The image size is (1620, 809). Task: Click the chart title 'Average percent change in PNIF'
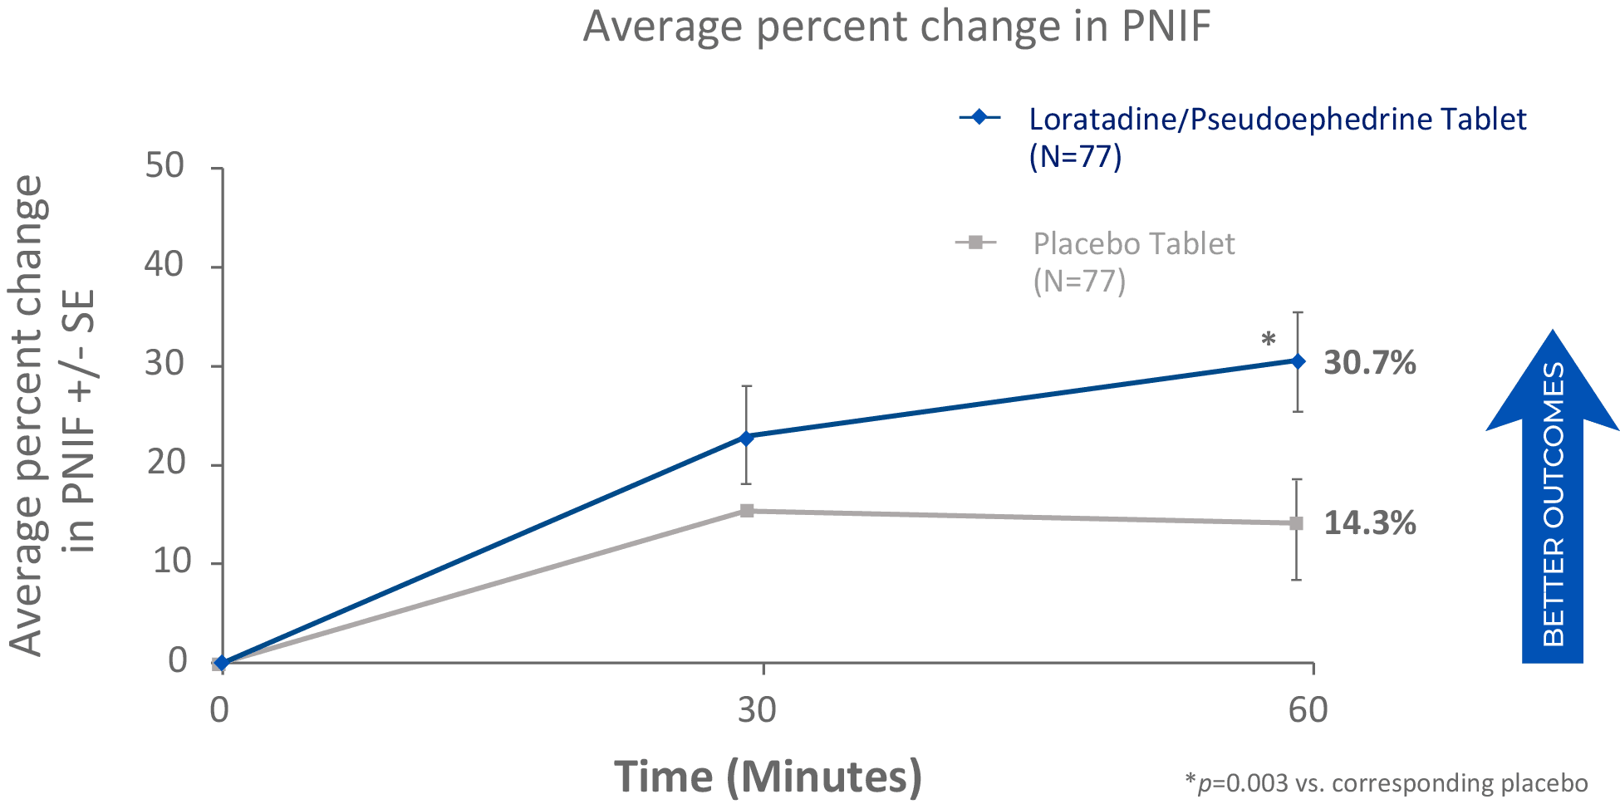(x=897, y=27)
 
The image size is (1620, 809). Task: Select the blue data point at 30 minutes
(x=746, y=438)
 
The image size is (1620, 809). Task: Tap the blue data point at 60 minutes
(x=1298, y=360)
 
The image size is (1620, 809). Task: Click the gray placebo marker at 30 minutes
(x=747, y=510)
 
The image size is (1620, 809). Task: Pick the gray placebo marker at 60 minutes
(x=1297, y=523)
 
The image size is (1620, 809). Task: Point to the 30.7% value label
(x=1369, y=363)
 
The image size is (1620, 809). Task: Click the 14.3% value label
(x=1369, y=523)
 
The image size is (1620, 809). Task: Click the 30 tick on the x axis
(x=757, y=710)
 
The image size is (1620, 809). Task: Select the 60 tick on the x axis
(x=1308, y=710)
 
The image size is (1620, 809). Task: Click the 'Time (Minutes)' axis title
(x=768, y=777)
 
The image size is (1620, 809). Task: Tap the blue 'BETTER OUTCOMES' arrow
(x=1553, y=498)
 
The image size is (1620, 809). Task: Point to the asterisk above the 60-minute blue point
(x=1268, y=339)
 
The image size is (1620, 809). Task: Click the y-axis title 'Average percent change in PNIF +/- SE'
(x=52, y=415)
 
